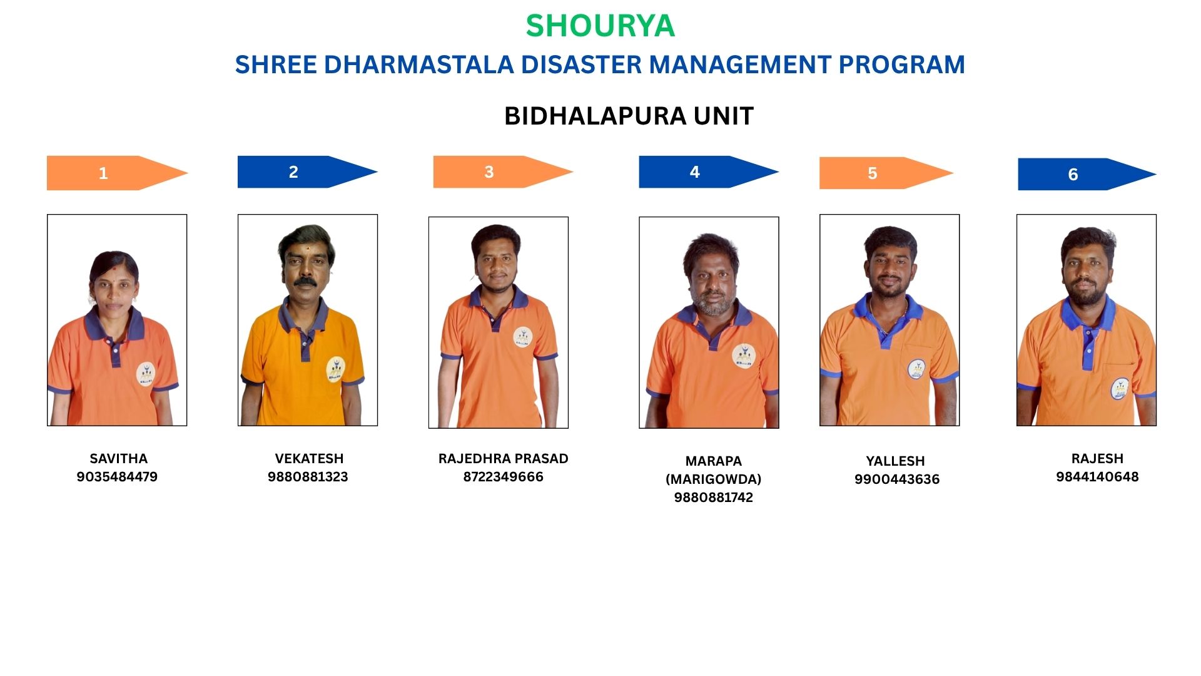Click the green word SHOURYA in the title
tap(600, 26)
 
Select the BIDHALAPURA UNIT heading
tap(629, 116)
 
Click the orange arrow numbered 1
tap(118, 173)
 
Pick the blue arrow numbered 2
tap(308, 172)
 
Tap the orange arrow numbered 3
tap(504, 172)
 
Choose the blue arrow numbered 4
tap(709, 172)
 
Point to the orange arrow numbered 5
tap(886, 173)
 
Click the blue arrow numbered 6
tap(1087, 174)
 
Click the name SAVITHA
tap(118, 458)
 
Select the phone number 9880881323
tap(308, 476)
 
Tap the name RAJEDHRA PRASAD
tap(504, 458)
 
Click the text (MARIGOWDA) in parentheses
tap(714, 479)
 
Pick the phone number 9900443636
tap(897, 479)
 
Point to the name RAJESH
tap(1097, 458)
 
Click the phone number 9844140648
tap(1097, 476)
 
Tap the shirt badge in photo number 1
tap(146, 374)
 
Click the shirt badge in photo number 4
tap(743, 356)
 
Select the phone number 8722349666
tap(504, 476)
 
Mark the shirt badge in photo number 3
tap(523, 337)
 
